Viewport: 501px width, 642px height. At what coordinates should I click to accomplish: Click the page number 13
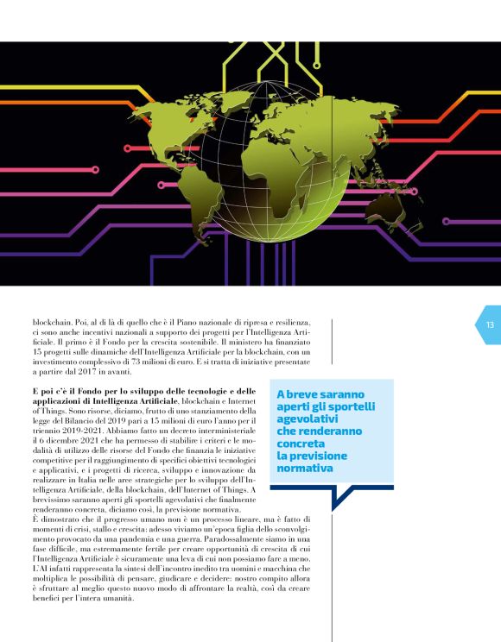click(x=490, y=325)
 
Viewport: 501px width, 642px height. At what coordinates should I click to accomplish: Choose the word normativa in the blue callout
click(x=303, y=469)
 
